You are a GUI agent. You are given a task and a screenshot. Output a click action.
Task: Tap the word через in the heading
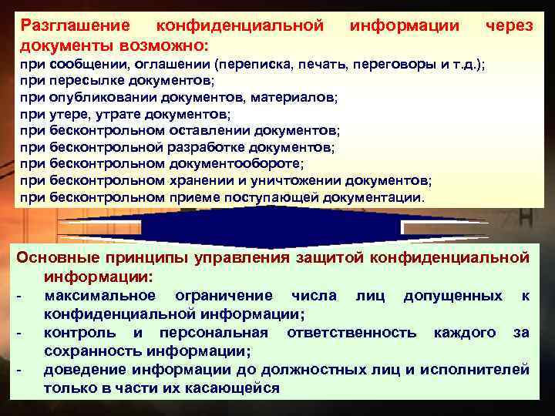pos(509,25)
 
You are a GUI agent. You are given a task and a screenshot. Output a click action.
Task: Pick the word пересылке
pos(86,79)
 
